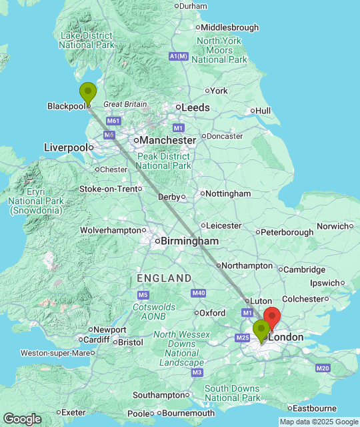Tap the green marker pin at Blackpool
(x=87, y=92)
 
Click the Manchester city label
(x=167, y=141)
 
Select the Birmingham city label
(x=189, y=241)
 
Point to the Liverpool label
(x=65, y=147)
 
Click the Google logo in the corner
(x=21, y=419)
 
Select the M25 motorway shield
(x=242, y=338)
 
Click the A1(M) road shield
(x=179, y=57)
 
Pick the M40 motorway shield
(x=198, y=293)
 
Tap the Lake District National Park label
(x=87, y=40)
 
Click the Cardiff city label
(x=97, y=340)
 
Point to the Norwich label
(x=333, y=226)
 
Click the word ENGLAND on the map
(x=164, y=278)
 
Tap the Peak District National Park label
(x=164, y=161)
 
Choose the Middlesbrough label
(x=229, y=27)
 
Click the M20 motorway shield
(x=323, y=368)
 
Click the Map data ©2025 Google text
(x=318, y=422)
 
